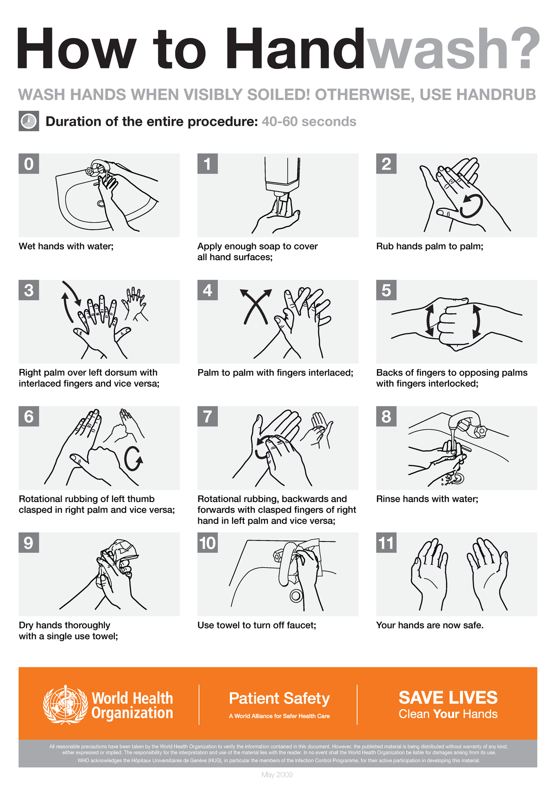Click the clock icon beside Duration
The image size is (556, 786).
point(29,121)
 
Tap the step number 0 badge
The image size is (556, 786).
point(29,164)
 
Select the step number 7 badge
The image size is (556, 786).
point(208,416)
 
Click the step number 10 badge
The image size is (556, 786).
point(208,543)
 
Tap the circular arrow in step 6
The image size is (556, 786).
point(133,459)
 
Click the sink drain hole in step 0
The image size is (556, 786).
point(101,203)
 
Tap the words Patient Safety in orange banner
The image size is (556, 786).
point(279,698)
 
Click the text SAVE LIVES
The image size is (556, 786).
point(448,698)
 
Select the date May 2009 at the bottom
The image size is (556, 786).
point(277,774)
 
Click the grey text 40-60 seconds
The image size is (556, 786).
point(309,121)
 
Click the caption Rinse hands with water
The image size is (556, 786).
point(427,499)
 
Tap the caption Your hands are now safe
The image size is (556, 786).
point(430,625)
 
